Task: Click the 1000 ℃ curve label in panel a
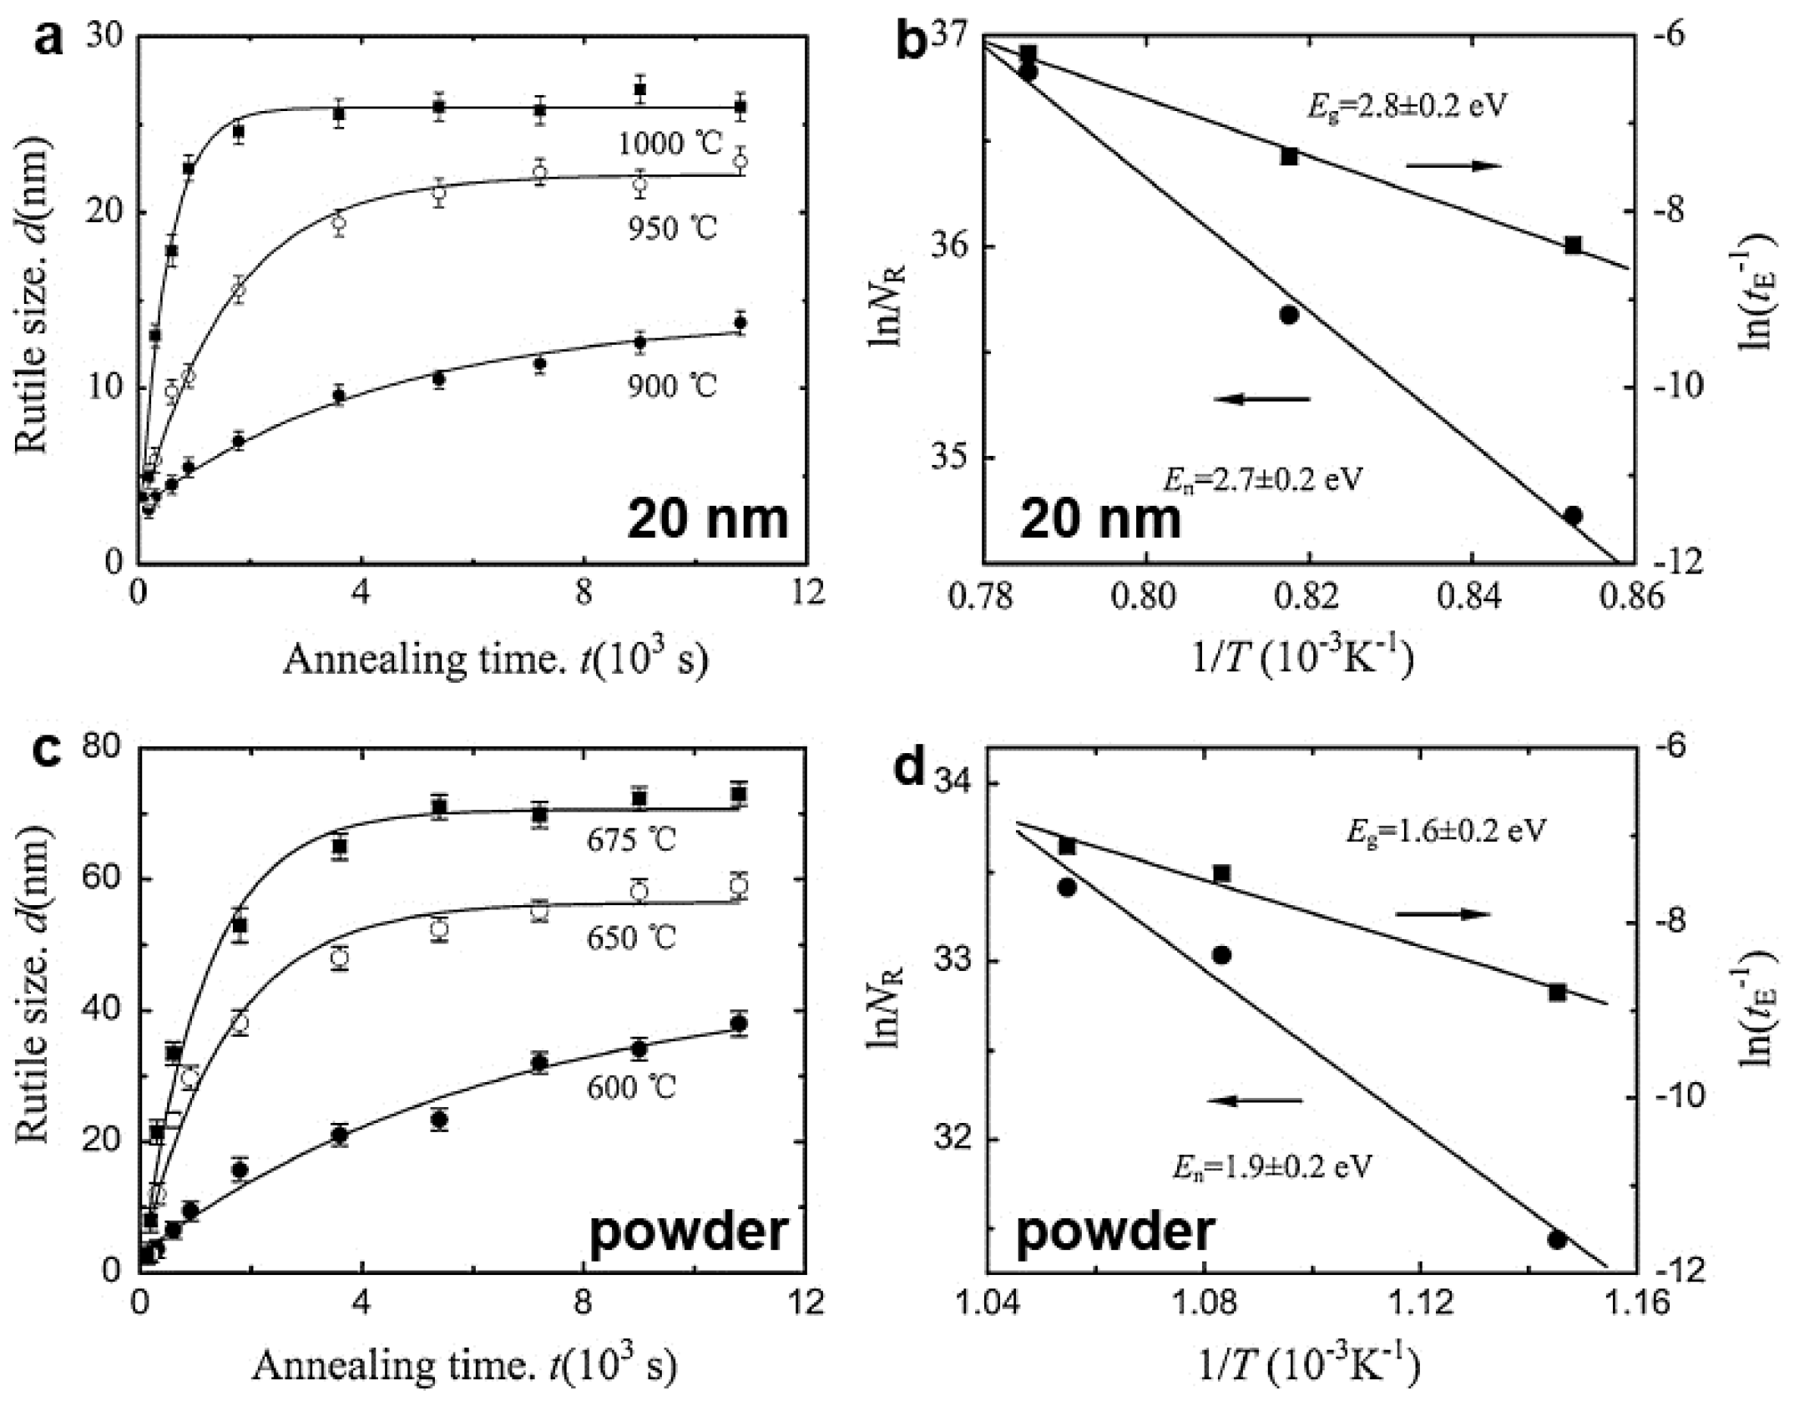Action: (x=670, y=145)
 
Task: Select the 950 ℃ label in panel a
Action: (x=673, y=228)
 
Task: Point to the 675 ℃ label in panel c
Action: (x=630, y=838)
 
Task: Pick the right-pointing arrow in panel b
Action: (x=1453, y=166)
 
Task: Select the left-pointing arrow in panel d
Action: (x=1255, y=1100)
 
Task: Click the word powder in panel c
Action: (x=688, y=1233)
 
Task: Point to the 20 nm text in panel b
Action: (x=1100, y=518)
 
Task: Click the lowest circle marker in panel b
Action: (x=1573, y=514)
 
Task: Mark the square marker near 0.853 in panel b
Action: (x=1574, y=245)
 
